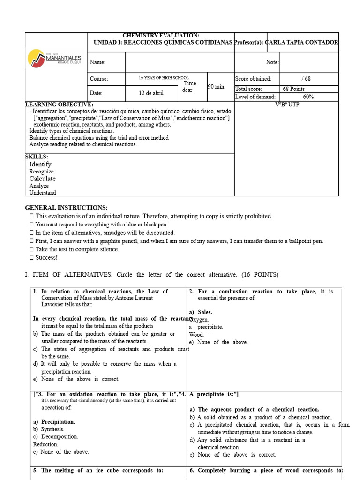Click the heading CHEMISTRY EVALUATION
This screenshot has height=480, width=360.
160,36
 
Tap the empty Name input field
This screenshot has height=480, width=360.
180,62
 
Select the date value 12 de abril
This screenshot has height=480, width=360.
151,93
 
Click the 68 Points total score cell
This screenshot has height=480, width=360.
294,89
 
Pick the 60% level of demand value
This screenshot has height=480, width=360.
308,97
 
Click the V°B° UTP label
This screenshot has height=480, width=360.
286,105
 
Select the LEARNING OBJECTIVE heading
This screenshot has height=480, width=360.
59,105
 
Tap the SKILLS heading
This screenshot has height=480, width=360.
37,157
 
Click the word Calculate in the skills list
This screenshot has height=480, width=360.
42,179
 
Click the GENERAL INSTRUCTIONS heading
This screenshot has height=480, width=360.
66,208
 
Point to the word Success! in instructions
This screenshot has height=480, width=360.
46,257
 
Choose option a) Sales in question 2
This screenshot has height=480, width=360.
201,312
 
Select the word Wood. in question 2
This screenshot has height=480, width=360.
196,335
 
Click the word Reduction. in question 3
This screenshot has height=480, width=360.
45,444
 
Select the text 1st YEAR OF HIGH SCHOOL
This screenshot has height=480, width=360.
164,78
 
